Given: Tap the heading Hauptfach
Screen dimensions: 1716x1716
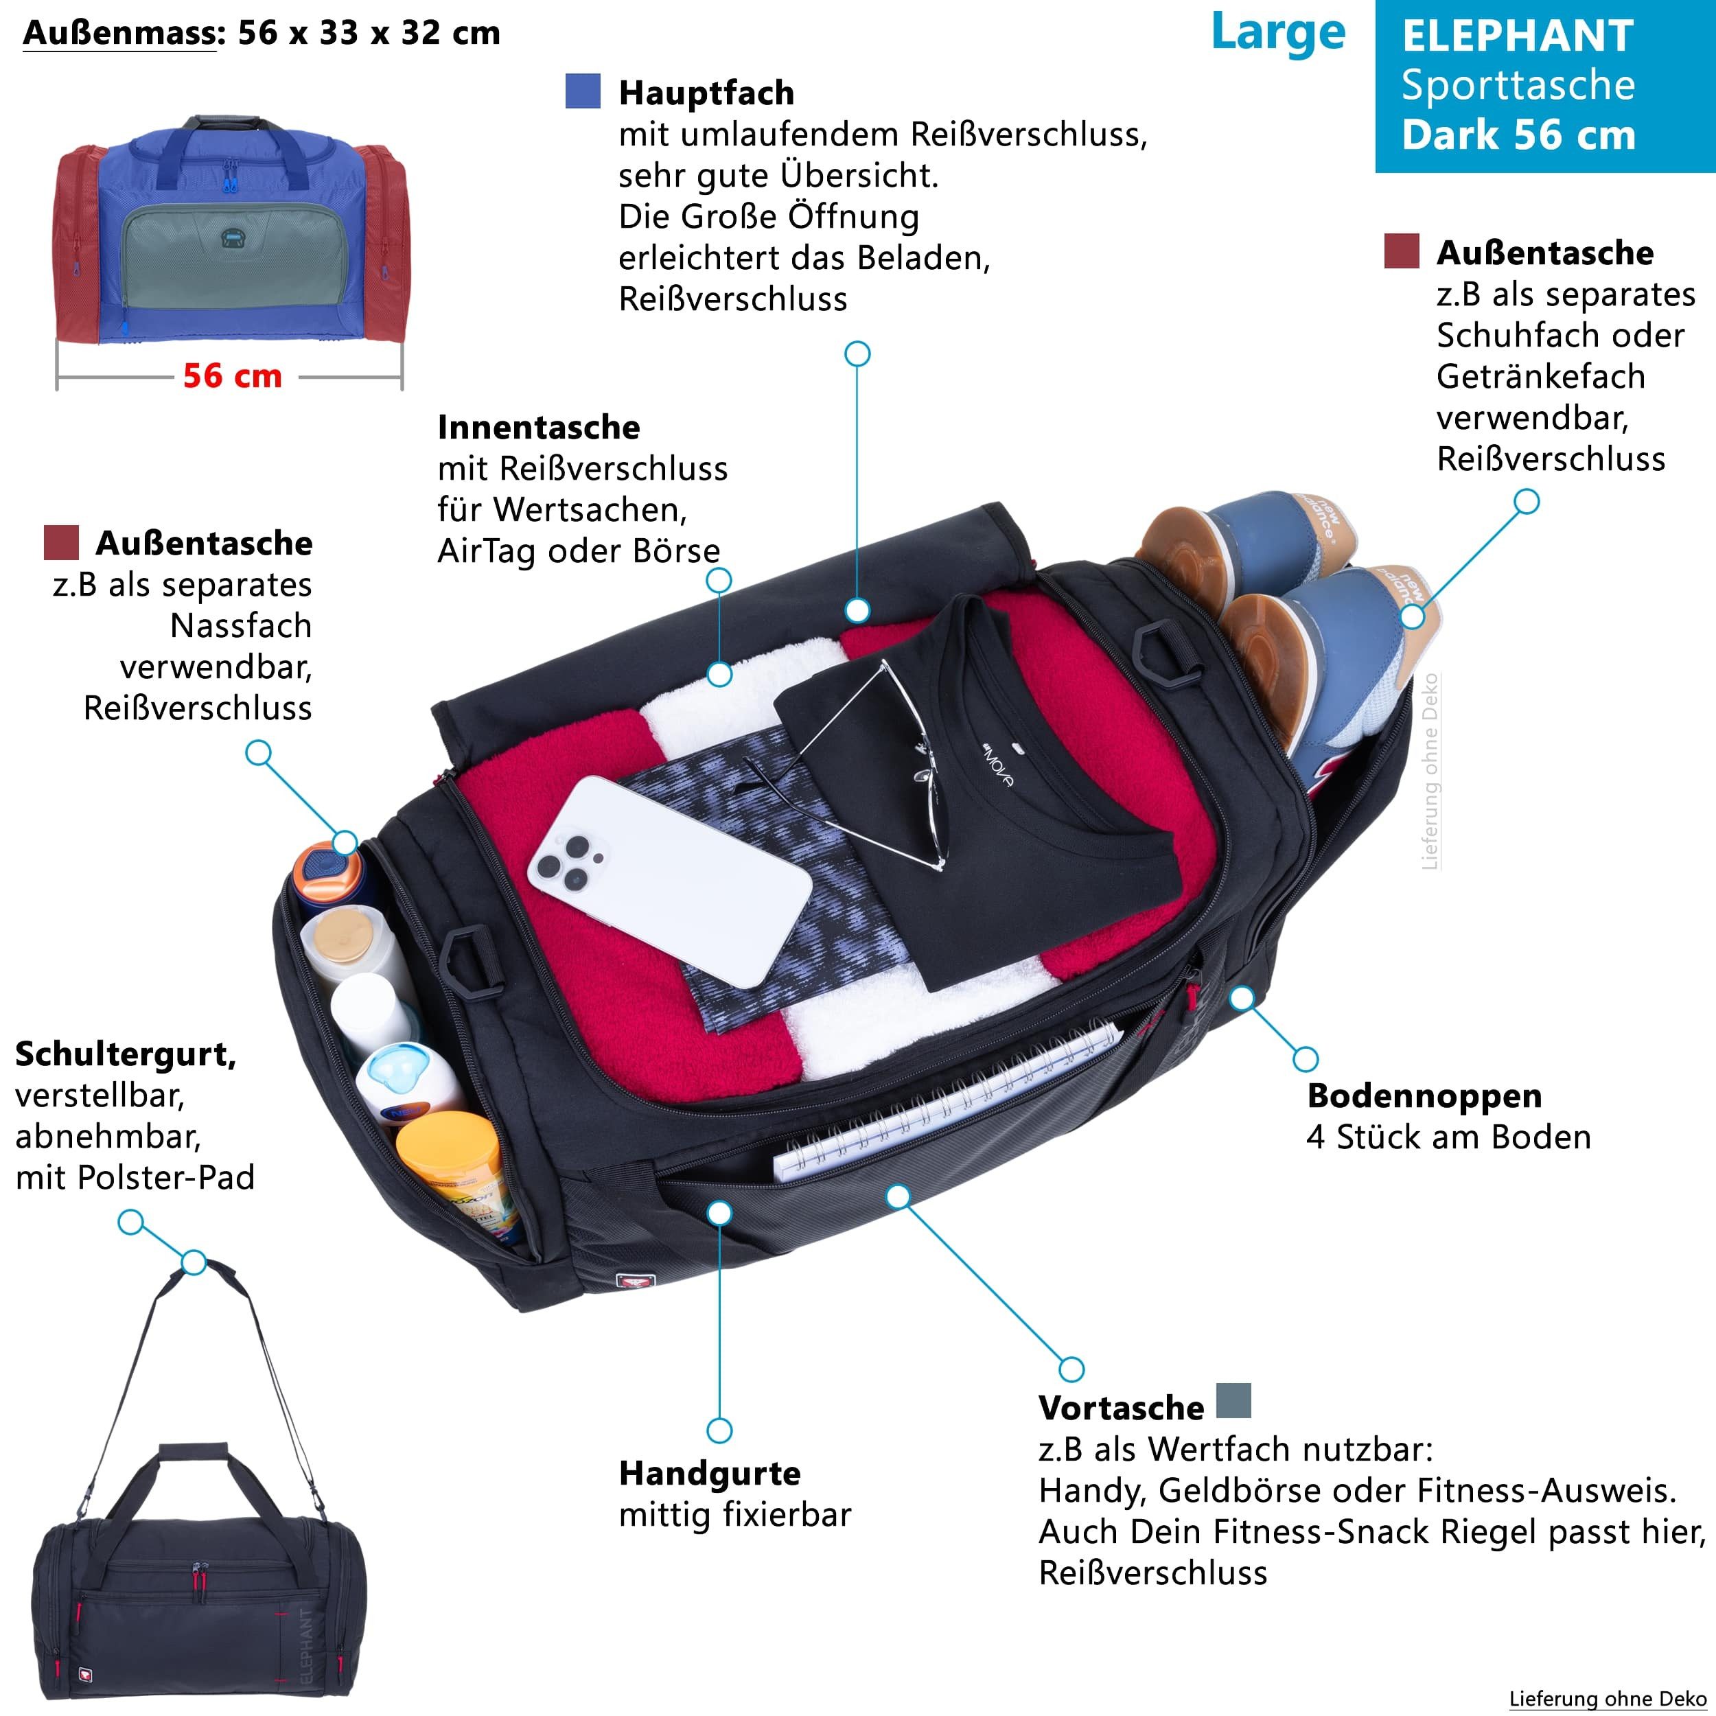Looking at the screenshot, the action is pyautogui.click(x=706, y=93).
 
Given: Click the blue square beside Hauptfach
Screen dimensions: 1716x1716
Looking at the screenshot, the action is pyautogui.click(x=583, y=91).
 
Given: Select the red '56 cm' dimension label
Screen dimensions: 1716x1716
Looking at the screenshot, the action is pyautogui.click(x=233, y=375).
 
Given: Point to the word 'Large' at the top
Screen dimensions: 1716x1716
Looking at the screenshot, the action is pyautogui.click(x=1278, y=33).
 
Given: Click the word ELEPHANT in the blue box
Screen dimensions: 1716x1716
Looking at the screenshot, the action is pyautogui.click(x=1518, y=36).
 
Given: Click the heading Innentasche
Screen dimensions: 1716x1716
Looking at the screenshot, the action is pyautogui.click(x=538, y=427).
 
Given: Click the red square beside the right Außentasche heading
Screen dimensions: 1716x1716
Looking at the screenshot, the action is pyautogui.click(x=1402, y=251).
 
